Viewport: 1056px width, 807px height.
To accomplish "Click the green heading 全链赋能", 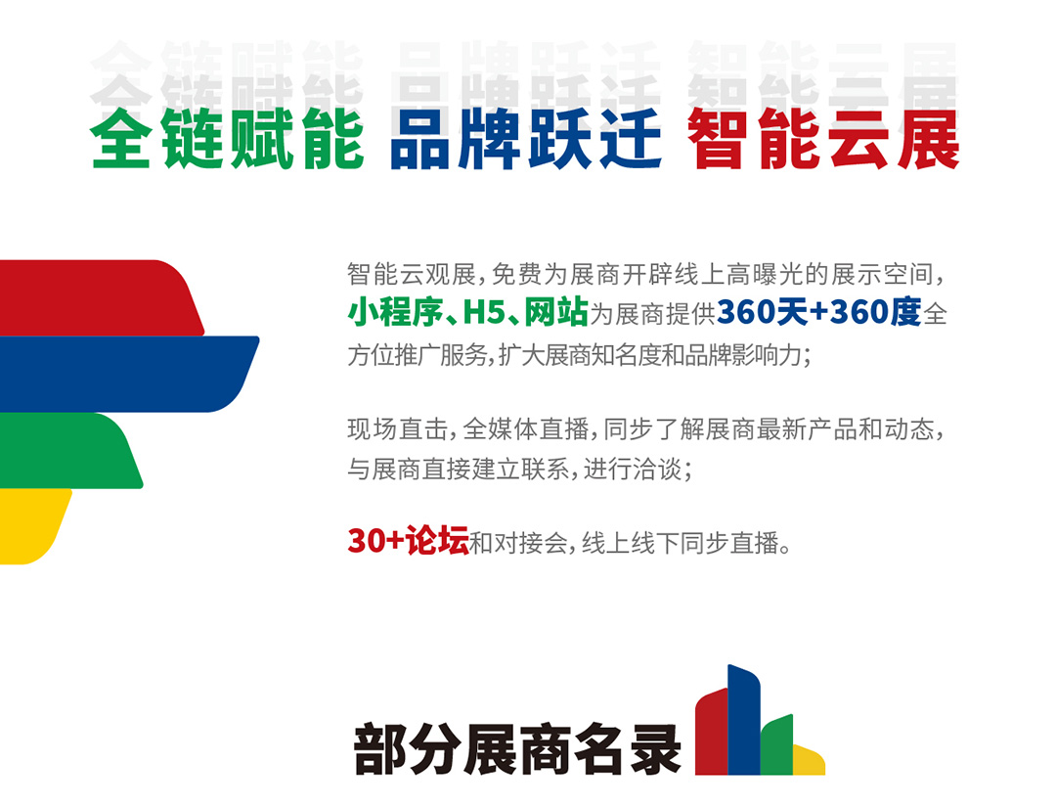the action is point(228,139).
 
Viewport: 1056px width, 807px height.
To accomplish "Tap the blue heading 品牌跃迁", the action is point(526,139).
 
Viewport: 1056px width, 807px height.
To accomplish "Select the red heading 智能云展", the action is point(823,139).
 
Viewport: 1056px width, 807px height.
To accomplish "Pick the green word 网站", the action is point(556,313).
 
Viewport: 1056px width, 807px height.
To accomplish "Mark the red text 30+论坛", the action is point(408,541).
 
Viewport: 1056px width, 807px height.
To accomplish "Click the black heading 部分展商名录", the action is point(517,749).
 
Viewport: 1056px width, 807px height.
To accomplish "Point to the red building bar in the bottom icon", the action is point(712,732).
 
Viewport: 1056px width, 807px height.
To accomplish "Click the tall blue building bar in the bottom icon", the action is point(744,719).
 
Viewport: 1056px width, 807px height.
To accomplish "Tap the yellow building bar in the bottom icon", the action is point(809,760).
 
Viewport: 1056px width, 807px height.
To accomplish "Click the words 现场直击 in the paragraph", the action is point(397,429).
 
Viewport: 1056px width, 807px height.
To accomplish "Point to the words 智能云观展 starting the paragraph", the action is point(412,274).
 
